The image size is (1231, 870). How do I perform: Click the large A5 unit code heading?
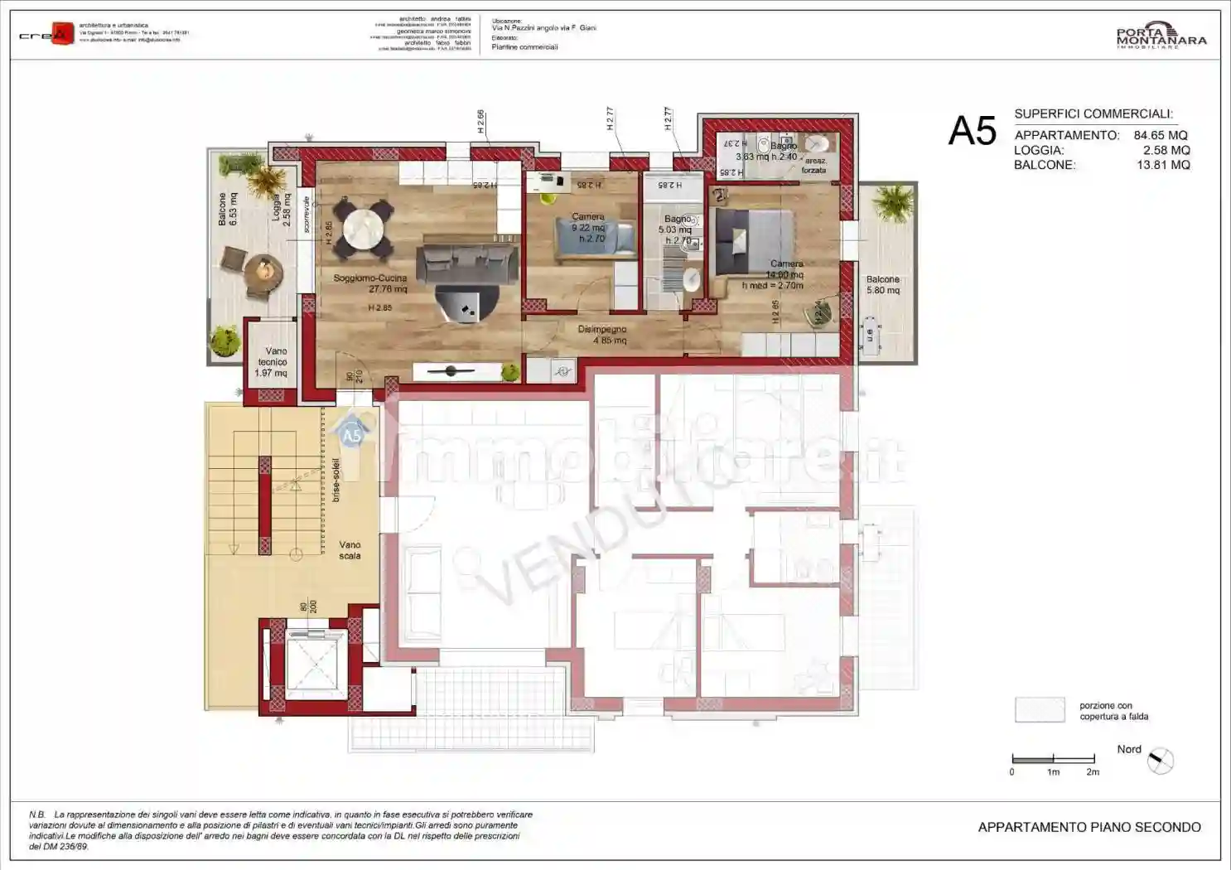972,131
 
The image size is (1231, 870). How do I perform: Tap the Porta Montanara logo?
1161,36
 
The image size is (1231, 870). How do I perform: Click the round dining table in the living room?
364,228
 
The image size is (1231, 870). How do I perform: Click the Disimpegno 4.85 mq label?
602,335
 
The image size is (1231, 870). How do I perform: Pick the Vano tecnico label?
272,362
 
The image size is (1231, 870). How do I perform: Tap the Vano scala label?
350,550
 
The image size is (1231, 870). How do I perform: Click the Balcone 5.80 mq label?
882,285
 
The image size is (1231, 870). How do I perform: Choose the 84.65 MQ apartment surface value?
1160,135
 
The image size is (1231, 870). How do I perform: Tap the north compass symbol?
1161,761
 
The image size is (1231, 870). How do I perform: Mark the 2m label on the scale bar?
1093,772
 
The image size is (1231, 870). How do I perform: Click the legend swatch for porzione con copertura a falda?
1040,710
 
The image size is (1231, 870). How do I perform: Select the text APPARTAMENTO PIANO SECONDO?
1089,827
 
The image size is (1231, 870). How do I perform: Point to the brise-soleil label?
336,480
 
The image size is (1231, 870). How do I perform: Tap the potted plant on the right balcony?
892,201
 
